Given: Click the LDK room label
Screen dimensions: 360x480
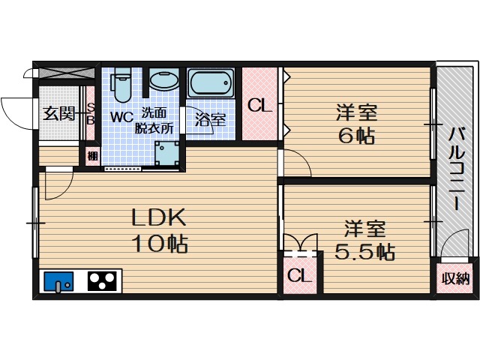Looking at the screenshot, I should (x=158, y=217).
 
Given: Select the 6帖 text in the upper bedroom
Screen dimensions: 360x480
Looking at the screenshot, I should (x=356, y=137).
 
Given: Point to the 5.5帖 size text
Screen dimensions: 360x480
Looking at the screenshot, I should (x=365, y=251).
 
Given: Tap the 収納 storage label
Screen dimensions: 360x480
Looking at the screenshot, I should (x=454, y=279).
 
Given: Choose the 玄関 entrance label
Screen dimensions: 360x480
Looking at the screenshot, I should (x=58, y=114).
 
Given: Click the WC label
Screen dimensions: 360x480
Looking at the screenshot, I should (x=122, y=117).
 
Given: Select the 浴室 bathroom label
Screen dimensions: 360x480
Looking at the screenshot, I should (x=210, y=118).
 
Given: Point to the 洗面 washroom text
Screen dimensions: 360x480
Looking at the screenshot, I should (x=156, y=113).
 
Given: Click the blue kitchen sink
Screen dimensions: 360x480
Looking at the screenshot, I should (x=58, y=282).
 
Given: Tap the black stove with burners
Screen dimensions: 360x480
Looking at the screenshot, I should (x=102, y=281).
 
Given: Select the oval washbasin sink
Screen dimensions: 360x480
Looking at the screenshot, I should (x=164, y=80).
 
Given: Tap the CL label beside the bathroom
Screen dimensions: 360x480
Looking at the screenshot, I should (x=259, y=105).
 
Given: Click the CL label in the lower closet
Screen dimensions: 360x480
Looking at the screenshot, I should (x=298, y=276).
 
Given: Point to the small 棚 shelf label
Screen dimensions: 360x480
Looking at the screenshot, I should (x=91, y=157).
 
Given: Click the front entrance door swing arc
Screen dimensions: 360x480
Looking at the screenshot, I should (x=13, y=112).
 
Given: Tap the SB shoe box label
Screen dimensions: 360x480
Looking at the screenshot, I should (x=90, y=114).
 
